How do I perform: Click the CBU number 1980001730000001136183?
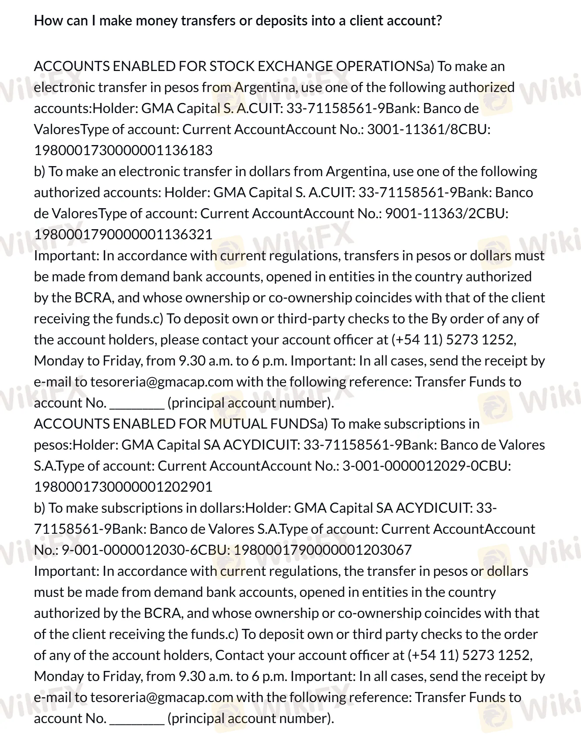[x=123, y=150]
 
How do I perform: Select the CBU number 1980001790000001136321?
[x=123, y=234]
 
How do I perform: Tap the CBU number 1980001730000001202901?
[x=123, y=487]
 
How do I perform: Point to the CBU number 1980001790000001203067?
[x=323, y=550]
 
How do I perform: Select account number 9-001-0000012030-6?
[x=125, y=550]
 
